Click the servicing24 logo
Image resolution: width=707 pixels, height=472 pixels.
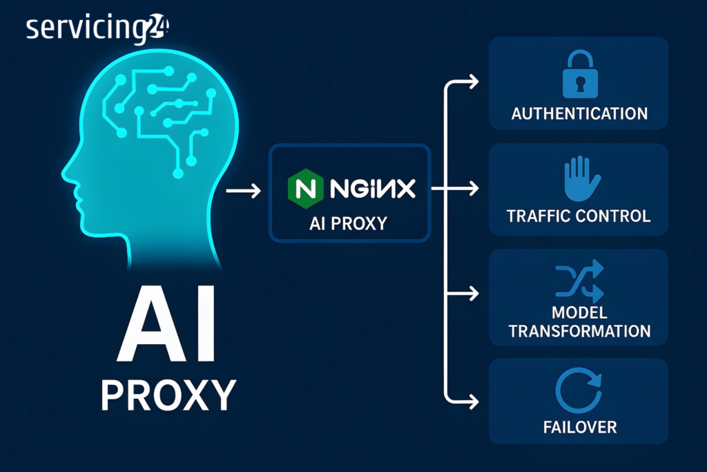[x=97, y=29]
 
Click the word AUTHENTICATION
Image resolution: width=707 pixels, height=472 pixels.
[x=579, y=114]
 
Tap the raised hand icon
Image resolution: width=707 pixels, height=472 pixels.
[x=579, y=178]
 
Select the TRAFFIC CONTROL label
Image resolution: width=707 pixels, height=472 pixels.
[x=579, y=216]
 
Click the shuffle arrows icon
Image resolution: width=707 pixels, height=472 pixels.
[x=579, y=281]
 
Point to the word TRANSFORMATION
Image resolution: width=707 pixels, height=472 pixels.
[x=579, y=330]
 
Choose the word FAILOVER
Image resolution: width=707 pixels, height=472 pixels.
[x=579, y=426]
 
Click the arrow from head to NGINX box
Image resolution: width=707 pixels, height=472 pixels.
[x=243, y=188]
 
